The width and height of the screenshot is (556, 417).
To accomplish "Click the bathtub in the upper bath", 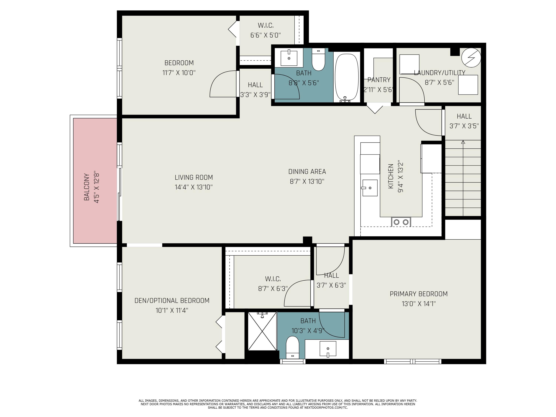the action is click(347, 78).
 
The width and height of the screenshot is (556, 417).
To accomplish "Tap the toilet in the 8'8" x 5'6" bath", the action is click(318, 59).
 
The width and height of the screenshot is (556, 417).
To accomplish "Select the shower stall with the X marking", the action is click(262, 331).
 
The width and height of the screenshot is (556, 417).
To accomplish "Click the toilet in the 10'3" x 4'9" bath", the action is click(293, 347).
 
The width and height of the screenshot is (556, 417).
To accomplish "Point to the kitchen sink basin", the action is click(370, 188).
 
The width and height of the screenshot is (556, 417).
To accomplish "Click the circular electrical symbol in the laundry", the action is click(471, 58).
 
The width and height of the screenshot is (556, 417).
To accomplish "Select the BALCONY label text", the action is click(87, 187).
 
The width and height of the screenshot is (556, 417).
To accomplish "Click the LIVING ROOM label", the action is click(194, 178).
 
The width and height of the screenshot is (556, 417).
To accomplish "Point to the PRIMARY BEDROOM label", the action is click(419, 294).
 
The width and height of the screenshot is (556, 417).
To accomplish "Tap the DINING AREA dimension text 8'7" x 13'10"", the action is click(307, 181).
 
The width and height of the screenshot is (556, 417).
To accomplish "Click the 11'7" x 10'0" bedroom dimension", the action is click(179, 73).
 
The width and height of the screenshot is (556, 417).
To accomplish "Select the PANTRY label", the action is click(379, 80).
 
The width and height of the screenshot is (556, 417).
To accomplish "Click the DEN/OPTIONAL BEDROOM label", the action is click(172, 301).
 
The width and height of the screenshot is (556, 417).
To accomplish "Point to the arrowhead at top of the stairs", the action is click(463, 142).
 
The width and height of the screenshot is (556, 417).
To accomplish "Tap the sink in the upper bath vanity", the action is click(289, 58).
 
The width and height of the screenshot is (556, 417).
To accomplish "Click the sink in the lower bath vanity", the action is click(328, 349).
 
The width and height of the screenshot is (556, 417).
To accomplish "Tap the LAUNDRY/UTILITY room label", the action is click(440, 73).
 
